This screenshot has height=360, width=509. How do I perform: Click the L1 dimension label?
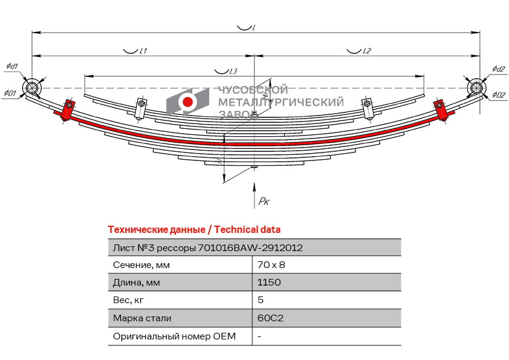point(143,51)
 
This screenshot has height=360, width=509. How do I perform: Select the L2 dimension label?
point(366,51)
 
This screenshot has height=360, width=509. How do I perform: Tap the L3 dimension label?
point(233,71)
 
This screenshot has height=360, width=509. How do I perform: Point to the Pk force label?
point(264,201)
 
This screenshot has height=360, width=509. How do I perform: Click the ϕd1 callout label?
point(12,67)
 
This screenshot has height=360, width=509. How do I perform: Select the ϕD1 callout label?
point(10,93)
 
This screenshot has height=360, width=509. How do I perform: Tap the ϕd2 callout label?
point(498,69)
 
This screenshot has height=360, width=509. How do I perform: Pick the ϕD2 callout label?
point(499,95)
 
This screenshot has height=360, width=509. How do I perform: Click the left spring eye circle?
point(31,88)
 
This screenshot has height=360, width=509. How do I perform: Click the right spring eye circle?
point(476,88)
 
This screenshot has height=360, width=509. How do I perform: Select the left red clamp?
point(68,111)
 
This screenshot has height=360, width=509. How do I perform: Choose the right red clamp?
point(441,111)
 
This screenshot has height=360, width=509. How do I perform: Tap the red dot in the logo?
point(187,102)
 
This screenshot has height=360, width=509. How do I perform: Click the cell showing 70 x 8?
point(271,265)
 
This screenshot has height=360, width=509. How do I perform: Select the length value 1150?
point(269,283)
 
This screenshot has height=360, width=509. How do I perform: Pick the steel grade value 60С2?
point(270,318)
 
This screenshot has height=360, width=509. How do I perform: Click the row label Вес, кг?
point(128,300)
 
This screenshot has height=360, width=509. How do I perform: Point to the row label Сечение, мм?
point(141,265)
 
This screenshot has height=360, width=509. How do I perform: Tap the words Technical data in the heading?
point(247,230)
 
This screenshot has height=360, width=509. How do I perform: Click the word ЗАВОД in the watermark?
point(238,114)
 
